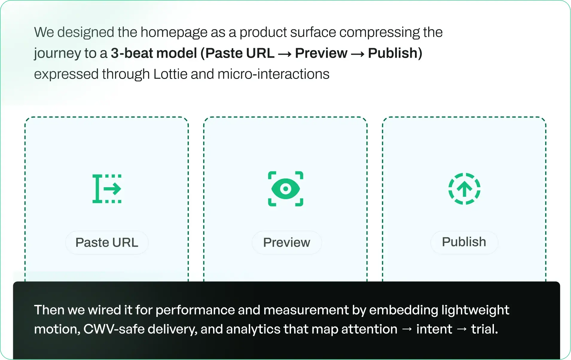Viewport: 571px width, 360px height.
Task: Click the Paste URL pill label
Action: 107,242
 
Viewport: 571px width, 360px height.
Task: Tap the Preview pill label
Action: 286,242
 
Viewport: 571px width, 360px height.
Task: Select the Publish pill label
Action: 464,242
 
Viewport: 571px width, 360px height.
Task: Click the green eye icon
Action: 285,189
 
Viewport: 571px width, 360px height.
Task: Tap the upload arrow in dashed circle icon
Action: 464,189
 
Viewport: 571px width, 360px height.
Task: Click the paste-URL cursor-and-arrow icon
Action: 107,189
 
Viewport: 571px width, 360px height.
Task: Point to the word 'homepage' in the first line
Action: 174,32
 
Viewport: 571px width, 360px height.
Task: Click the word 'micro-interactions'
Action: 273,74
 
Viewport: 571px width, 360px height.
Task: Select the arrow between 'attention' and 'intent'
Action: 407,329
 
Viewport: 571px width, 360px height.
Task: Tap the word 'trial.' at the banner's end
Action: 484,329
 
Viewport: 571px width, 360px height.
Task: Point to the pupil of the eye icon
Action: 285,189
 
